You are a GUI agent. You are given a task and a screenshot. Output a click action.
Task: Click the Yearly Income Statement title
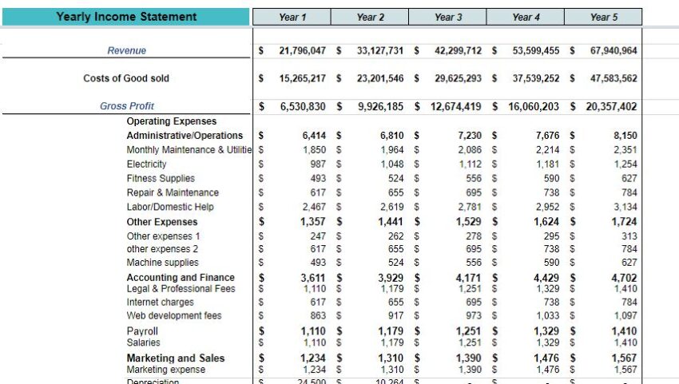pyautogui.click(x=126, y=17)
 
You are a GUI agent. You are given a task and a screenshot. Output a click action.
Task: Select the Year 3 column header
pyautogui.click(x=447, y=17)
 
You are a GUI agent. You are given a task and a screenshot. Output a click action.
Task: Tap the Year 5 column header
pyautogui.click(x=603, y=17)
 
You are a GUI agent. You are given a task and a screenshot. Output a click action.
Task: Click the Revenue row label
pyautogui.click(x=127, y=50)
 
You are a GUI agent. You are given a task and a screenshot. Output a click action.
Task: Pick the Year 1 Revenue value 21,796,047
pyautogui.click(x=302, y=50)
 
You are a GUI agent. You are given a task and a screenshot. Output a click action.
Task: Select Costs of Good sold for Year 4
pyautogui.click(x=536, y=78)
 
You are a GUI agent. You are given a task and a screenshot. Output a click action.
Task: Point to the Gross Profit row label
pyautogui.click(x=127, y=106)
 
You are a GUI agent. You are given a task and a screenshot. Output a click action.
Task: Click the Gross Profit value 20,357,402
pyautogui.click(x=611, y=106)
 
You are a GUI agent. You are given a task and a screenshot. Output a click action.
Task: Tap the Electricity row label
pyautogui.click(x=147, y=164)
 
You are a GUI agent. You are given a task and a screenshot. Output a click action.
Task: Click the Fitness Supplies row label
pyautogui.click(x=161, y=179)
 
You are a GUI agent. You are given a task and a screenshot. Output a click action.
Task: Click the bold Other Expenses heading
pyautogui.click(x=162, y=222)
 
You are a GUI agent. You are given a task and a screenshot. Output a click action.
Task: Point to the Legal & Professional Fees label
pyautogui.click(x=181, y=289)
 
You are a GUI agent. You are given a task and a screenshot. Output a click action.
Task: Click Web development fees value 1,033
pyautogui.click(x=547, y=316)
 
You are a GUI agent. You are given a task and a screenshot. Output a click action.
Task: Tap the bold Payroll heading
pyautogui.click(x=142, y=331)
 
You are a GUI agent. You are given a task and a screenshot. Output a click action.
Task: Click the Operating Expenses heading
pyautogui.click(x=172, y=121)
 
